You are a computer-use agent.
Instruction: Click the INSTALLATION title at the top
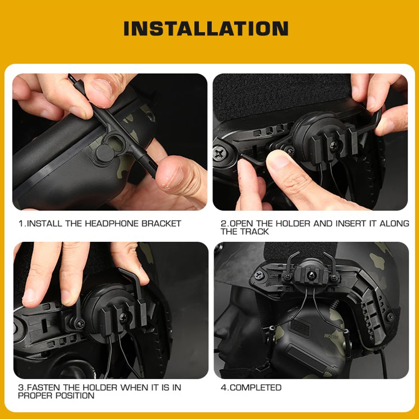click(x=206, y=28)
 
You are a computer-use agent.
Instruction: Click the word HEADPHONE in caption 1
click(x=112, y=223)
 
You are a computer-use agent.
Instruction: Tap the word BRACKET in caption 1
click(x=161, y=223)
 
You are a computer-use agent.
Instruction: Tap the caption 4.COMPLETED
click(x=251, y=388)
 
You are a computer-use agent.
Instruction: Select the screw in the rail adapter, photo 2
click(x=334, y=146)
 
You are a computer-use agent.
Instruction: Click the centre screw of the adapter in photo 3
click(x=124, y=318)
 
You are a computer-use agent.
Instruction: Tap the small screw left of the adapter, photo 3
click(x=80, y=324)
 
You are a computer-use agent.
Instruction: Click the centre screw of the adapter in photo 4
click(x=312, y=276)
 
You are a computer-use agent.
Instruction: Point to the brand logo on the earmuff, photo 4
click(x=330, y=336)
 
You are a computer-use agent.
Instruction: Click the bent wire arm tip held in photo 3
click(x=120, y=270)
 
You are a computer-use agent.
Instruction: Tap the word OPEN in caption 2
click(x=241, y=223)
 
